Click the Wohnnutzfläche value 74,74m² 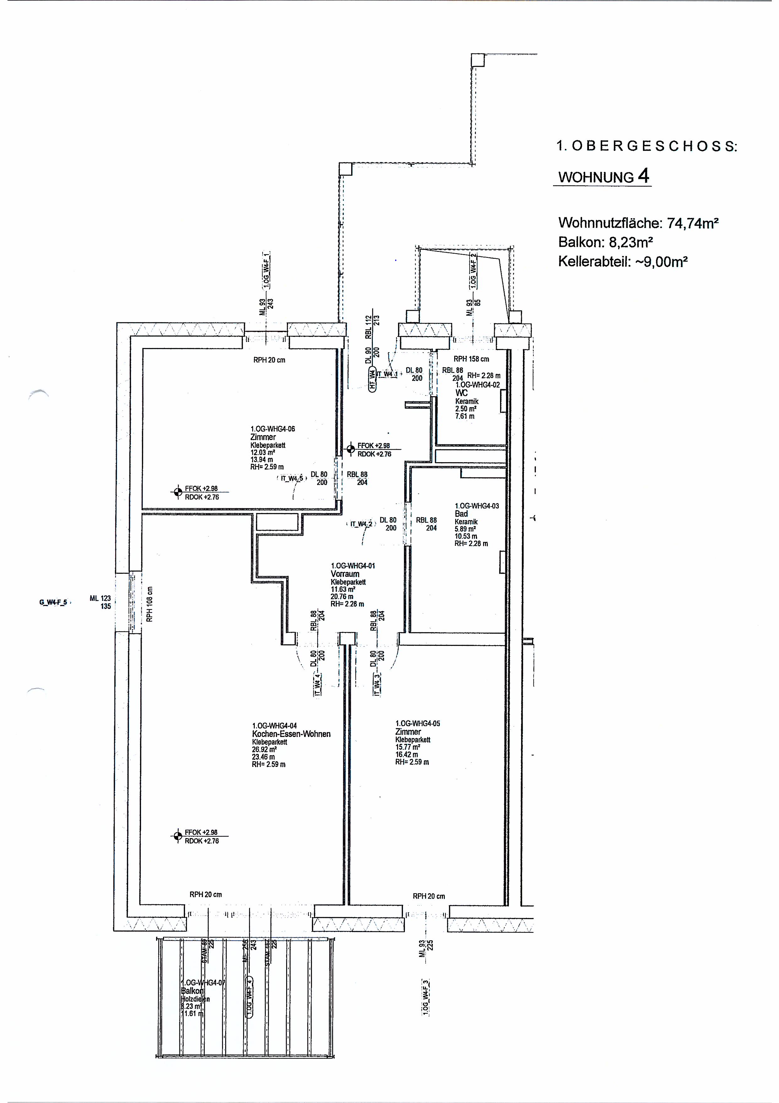(x=692, y=223)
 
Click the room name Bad (x=461, y=513)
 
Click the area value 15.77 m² (x=407, y=747)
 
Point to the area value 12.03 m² (x=262, y=452)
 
